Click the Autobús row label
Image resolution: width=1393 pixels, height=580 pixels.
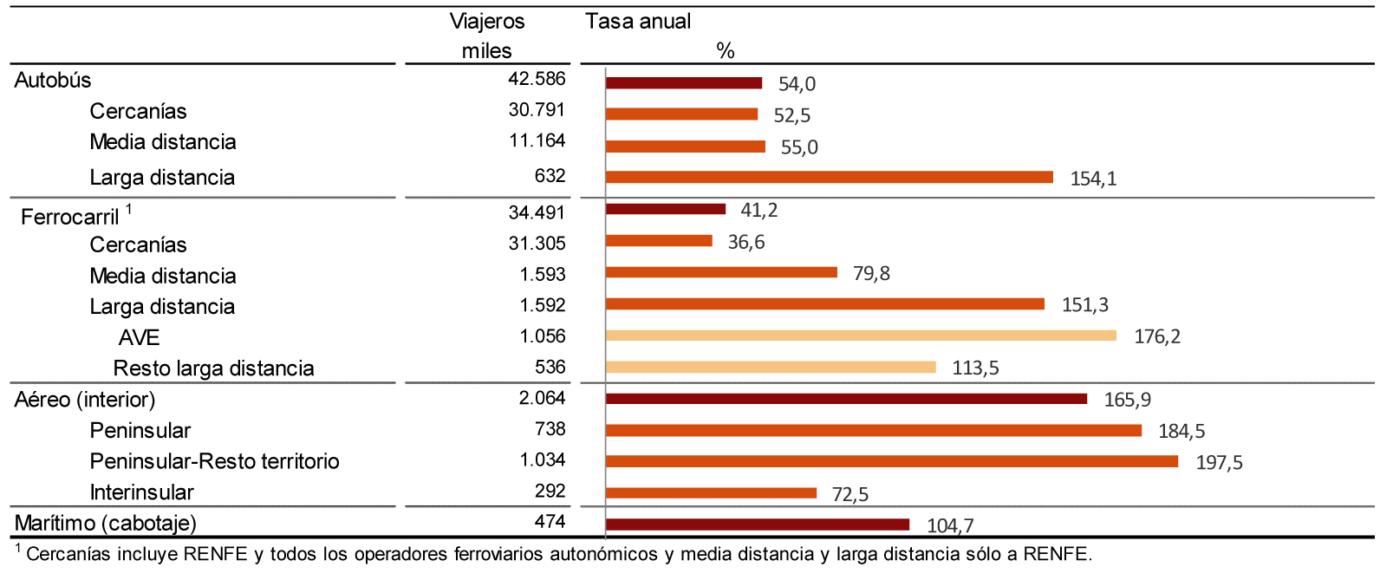click(53, 81)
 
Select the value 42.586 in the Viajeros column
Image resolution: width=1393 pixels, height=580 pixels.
click(537, 79)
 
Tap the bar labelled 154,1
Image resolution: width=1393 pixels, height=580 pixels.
click(829, 177)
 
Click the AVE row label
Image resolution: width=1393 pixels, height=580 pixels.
click(139, 337)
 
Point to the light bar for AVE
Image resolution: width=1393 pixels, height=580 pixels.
click(860, 336)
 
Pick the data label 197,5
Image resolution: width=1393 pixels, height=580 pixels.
click(1219, 463)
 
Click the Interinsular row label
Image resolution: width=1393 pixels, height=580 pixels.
click(141, 492)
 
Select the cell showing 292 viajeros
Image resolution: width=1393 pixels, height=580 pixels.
click(550, 491)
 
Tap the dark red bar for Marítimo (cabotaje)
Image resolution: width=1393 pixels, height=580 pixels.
click(757, 525)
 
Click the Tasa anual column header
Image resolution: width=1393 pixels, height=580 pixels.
click(638, 22)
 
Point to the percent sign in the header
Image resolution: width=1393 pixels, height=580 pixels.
click(726, 51)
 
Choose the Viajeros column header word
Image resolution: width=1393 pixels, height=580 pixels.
click(487, 22)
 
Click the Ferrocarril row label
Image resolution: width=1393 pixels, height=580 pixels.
click(69, 217)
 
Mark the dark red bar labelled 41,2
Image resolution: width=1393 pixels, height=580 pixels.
click(665, 209)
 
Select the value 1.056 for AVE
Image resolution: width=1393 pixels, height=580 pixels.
click(543, 336)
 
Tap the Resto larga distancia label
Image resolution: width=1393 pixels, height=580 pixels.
click(213, 368)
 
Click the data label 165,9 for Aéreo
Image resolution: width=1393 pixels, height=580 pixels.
click(1127, 400)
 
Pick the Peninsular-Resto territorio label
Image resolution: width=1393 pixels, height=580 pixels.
click(214, 461)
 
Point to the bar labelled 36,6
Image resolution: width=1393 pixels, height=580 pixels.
click(658, 241)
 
